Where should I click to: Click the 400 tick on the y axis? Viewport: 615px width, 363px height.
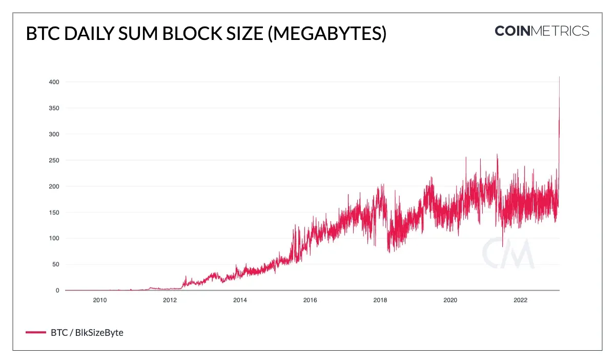pyautogui.click(x=54, y=82)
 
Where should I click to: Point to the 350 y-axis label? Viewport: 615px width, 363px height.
pyautogui.click(x=54, y=108)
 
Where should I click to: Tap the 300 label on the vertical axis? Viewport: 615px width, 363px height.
pyautogui.click(x=54, y=134)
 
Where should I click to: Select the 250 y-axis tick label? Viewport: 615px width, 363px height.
pyautogui.click(x=54, y=160)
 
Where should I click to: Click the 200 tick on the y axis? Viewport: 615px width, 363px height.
pyautogui.click(x=54, y=186)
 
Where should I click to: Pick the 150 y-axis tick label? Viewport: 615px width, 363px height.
pyautogui.click(x=54, y=212)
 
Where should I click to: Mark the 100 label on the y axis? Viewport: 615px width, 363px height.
pyautogui.click(x=54, y=239)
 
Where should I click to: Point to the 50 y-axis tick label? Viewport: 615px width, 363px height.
pyautogui.click(x=55, y=265)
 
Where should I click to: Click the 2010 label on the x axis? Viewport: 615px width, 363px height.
pyautogui.click(x=99, y=300)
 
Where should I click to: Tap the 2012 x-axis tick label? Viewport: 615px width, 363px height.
pyautogui.click(x=170, y=300)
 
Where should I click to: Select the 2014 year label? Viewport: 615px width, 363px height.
pyautogui.click(x=240, y=300)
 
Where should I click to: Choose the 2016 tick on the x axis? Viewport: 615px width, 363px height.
pyautogui.click(x=310, y=300)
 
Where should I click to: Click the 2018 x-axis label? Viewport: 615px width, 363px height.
pyautogui.click(x=380, y=300)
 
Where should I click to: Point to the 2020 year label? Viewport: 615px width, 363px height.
pyautogui.click(x=450, y=300)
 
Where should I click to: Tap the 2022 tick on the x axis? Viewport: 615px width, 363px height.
pyautogui.click(x=520, y=300)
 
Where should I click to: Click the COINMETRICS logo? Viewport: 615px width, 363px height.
pyautogui.click(x=542, y=31)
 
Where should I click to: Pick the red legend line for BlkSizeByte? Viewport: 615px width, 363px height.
pyautogui.click(x=35, y=333)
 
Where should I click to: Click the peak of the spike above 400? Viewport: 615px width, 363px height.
pyautogui.click(x=559, y=77)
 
